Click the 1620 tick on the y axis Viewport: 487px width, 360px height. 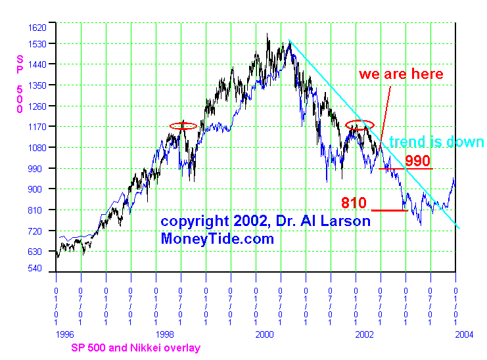tap(37, 28)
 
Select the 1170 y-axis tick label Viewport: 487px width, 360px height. tap(37, 126)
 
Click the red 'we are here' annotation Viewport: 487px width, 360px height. tap(401, 74)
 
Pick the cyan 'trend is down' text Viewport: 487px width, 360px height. tap(436, 143)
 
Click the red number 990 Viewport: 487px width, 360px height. tap(417, 161)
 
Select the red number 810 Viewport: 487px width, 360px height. tap(354, 202)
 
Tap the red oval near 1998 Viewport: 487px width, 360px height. tap(183, 125)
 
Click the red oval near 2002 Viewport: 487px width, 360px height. tap(359, 125)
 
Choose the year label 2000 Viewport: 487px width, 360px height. tap(264, 334)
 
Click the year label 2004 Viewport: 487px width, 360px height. tap(463, 334)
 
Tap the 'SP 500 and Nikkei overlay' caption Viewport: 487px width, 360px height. tap(135, 348)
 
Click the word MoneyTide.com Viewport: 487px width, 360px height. tap(217, 239)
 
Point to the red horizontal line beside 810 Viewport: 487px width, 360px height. tap(388, 210)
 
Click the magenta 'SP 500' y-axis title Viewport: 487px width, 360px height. tap(19, 83)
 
